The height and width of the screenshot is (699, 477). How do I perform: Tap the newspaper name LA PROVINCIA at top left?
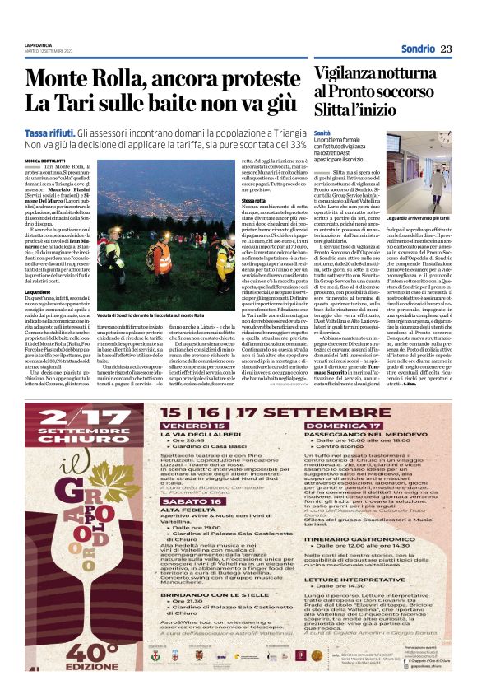[x=39, y=44]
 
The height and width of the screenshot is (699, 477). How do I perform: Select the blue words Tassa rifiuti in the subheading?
[x=73, y=133]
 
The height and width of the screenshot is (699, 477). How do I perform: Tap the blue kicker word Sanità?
[x=323, y=133]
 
